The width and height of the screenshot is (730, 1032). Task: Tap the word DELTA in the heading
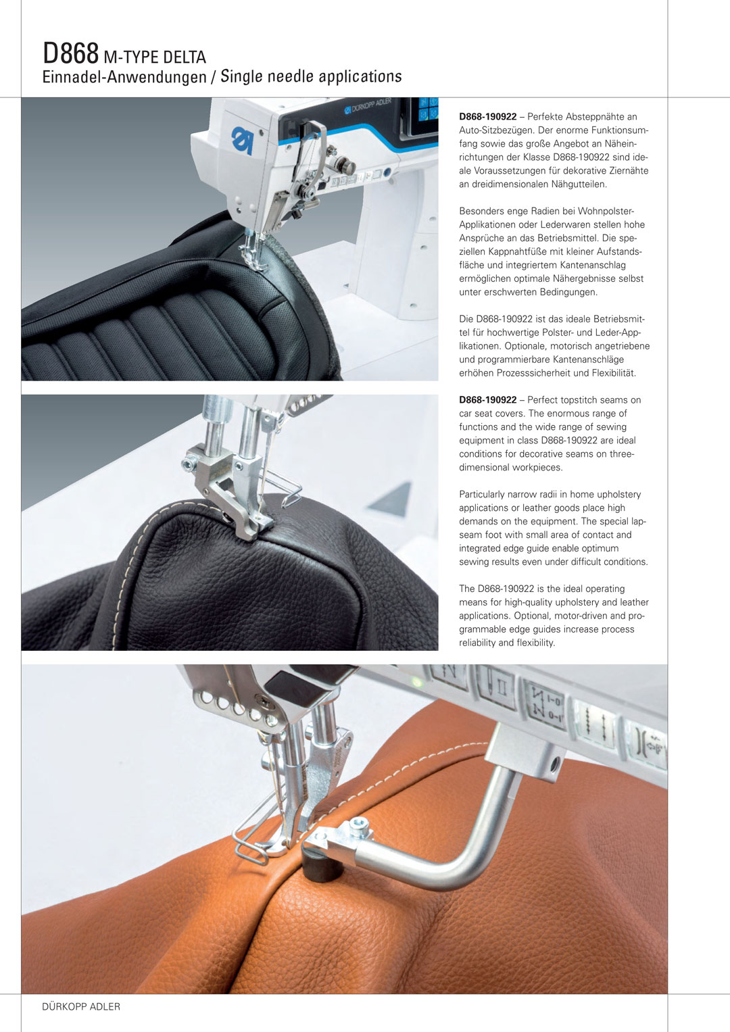coord(183,57)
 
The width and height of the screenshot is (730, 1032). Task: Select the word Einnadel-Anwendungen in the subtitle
coord(124,76)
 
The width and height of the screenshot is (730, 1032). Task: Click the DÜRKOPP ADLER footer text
coord(81,1007)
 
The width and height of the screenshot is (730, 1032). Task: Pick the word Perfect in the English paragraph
coord(543,400)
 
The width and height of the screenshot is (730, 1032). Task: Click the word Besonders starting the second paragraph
coord(481,212)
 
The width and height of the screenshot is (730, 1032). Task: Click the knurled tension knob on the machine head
coord(345,165)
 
